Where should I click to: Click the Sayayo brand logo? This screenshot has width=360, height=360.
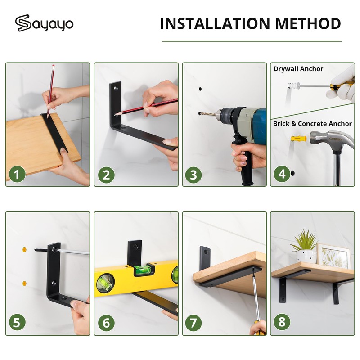pos(44,23)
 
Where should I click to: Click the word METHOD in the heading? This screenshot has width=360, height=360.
pos(308,23)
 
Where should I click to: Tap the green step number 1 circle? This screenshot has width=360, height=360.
pos(17,174)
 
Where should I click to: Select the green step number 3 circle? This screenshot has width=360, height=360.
pos(193,175)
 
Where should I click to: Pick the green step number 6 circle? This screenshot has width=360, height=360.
pos(106,323)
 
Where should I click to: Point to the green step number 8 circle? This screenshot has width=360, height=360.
pos(282,321)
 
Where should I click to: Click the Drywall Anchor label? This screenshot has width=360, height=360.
pos(298,69)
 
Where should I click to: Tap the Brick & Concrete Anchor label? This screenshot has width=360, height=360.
pos(312,124)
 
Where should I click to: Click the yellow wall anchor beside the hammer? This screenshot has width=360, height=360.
pos(298,139)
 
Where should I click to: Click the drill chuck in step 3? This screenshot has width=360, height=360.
pos(222,114)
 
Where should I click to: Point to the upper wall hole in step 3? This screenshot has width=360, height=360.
pos(200,89)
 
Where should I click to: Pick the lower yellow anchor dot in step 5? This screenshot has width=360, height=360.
pos(24,283)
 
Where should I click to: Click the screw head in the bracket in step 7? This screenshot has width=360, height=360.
pos(206,252)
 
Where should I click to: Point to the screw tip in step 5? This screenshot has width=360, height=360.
pos(36,249)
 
